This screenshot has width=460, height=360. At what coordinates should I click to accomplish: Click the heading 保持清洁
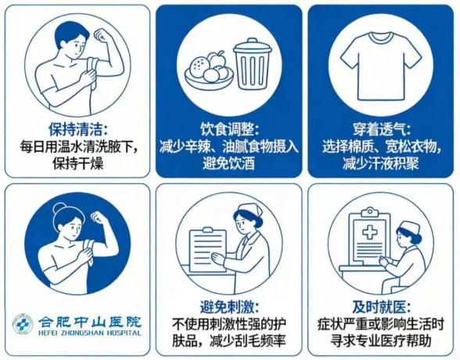pos(78,130)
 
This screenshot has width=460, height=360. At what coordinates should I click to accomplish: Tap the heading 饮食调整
pos(229,130)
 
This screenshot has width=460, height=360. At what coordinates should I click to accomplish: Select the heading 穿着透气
pos(382,130)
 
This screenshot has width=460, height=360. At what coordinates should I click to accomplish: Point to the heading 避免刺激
pos(229,308)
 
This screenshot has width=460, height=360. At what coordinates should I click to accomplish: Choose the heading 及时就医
pos(382,308)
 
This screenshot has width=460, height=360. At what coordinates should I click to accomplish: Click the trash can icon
pos(252,64)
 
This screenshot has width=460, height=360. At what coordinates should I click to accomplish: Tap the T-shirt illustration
pos(381,67)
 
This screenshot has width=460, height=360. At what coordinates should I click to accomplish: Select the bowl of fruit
pos(209,70)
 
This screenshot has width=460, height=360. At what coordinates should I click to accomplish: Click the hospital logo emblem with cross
pos(23,325)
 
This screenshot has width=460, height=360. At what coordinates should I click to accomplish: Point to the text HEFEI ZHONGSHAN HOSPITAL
pos(90,333)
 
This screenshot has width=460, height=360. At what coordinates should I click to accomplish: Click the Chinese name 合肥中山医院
pos(90,322)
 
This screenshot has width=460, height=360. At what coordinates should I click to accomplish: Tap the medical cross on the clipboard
pos(369,232)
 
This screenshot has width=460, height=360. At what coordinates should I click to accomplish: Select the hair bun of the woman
pos(59,209)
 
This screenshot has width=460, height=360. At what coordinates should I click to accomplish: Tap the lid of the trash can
pos(252,46)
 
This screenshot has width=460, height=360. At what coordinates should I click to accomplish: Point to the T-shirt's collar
pos(380,38)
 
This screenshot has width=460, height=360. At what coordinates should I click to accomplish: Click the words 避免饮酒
pos(229,164)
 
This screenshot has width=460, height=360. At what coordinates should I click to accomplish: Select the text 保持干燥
pos(78,164)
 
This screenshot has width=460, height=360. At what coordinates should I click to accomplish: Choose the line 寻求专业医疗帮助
pos(381,341)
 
